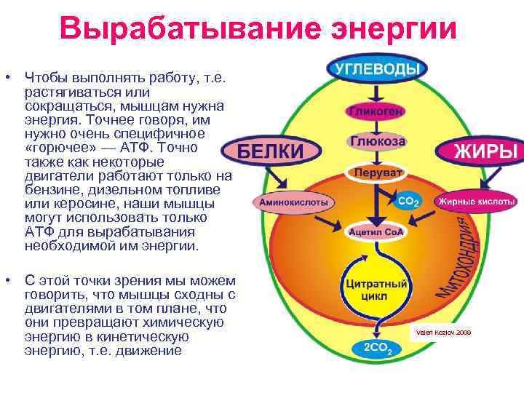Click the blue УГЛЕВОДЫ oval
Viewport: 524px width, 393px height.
(376, 69)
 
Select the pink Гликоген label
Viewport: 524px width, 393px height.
(376, 112)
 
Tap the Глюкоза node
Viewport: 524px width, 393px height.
(378, 141)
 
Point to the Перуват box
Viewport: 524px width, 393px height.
(376, 173)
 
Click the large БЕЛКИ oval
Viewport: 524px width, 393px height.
(271, 151)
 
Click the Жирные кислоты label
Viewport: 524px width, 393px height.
(476, 202)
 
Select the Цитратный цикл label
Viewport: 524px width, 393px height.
(376, 289)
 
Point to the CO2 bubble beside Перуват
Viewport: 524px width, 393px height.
(408, 199)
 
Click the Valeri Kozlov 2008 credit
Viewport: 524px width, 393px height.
(442, 332)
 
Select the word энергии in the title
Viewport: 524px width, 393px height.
(394, 29)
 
